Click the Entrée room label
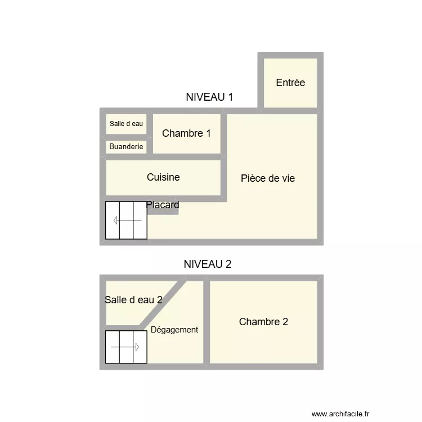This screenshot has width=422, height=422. pyautogui.click(x=290, y=83)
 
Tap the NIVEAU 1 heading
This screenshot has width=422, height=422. pyautogui.click(x=209, y=97)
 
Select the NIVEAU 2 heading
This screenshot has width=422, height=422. pyautogui.click(x=208, y=264)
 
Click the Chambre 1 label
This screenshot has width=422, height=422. pyautogui.click(x=186, y=133)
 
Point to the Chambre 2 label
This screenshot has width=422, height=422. pyautogui.click(x=263, y=322)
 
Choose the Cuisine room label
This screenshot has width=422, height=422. pyautogui.click(x=163, y=177)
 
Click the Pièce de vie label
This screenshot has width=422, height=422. pyautogui.click(x=268, y=178)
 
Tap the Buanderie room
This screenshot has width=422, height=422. pyautogui.click(x=127, y=147)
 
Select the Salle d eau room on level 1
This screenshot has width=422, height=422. pyautogui.click(x=127, y=124)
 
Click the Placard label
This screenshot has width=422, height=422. pyautogui.click(x=163, y=205)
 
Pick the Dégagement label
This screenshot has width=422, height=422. pyautogui.click(x=174, y=330)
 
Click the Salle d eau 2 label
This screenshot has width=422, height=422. pyautogui.click(x=133, y=300)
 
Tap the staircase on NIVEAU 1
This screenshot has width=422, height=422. pyautogui.click(x=127, y=220)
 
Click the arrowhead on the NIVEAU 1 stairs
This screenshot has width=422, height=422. pyautogui.click(x=115, y=220)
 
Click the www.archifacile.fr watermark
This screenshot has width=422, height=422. pyautogui.click(x=341, y=412)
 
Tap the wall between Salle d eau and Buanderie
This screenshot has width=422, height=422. pyautogui.click(x=127, y=137)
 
